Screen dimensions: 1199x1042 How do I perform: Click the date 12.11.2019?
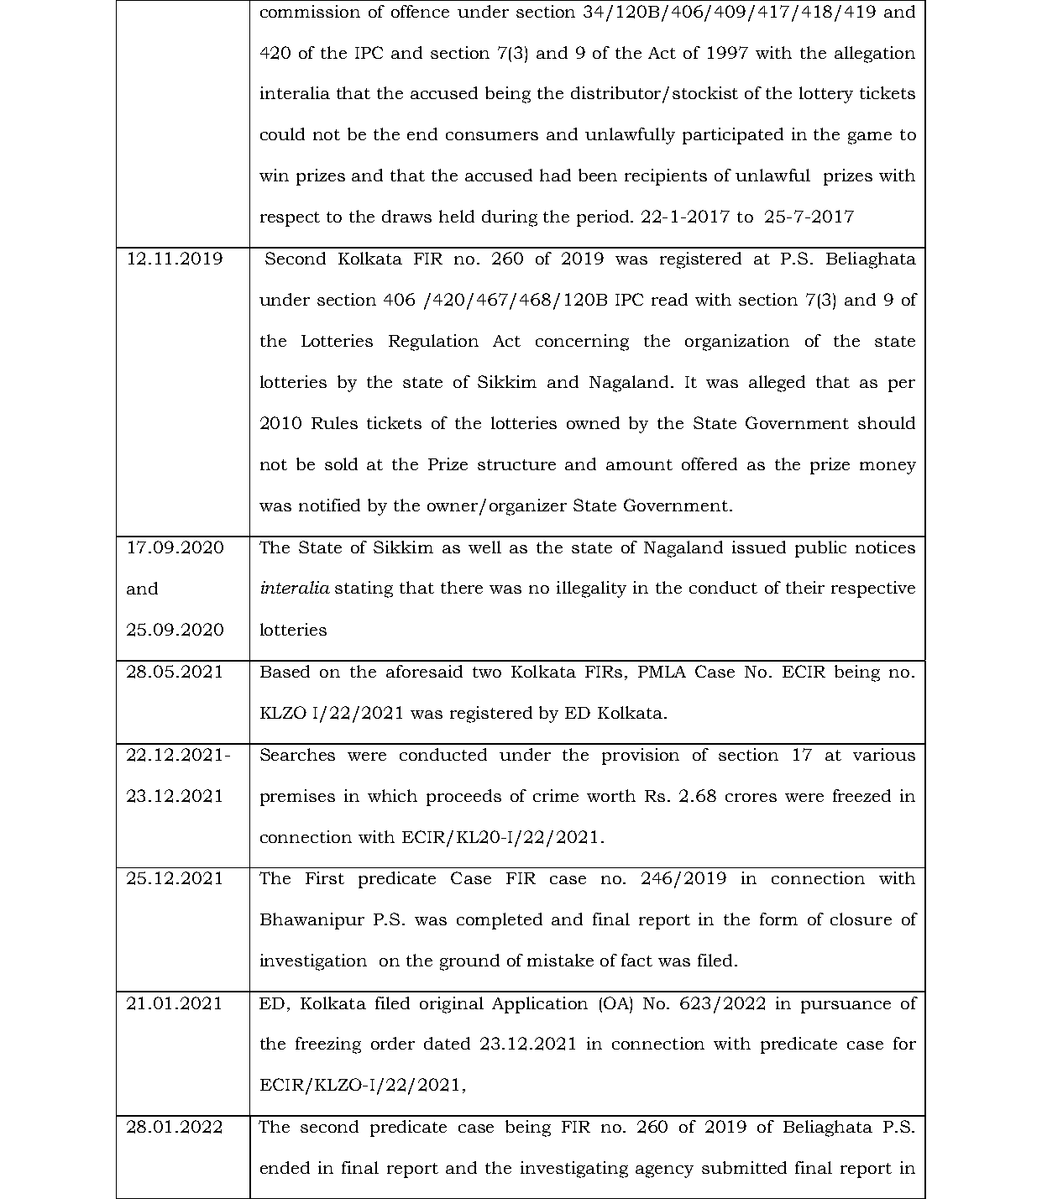click(x=175, y=259)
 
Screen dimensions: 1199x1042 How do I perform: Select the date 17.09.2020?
click(x=175, y=547)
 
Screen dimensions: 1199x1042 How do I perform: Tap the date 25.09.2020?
click(x=175, y=630)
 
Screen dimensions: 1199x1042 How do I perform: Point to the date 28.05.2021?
click(x=175, y=672)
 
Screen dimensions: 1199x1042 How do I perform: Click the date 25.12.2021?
click(x=175, y=878)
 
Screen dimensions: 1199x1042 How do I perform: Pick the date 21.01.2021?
click(x=175, y=1003)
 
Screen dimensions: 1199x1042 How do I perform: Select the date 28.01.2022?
click(x=175, y=1127)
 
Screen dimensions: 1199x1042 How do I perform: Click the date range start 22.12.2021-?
click(x=178, y=755)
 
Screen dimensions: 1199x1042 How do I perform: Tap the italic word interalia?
click(x=294, y=589)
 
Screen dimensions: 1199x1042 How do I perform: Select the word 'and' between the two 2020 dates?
click(x=142, y=589)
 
